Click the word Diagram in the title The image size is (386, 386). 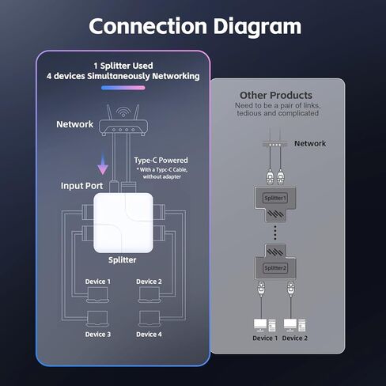click(x=257, y=25)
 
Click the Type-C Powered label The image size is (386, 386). click(x=161, y=161)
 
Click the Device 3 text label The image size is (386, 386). click(x=98, y=335)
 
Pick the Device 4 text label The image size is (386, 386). click(x=148, y=335)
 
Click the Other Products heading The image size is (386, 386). click(x=276, y=96)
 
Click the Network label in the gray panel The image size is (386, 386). click(x=309, y=143)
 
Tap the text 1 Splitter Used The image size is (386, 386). click(x=123, y=65)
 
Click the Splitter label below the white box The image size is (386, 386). click(x=122, y=259)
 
